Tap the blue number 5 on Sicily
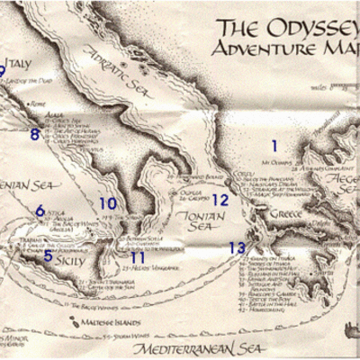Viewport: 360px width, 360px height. [48, 256]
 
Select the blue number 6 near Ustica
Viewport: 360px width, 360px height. [40, 211]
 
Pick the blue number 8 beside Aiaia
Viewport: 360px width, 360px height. [35, 135]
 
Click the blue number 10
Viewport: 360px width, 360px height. [108, 204]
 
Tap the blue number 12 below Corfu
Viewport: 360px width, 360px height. [220, 201]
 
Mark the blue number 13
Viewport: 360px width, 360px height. [237, 247]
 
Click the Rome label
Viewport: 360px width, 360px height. [37, 104]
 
